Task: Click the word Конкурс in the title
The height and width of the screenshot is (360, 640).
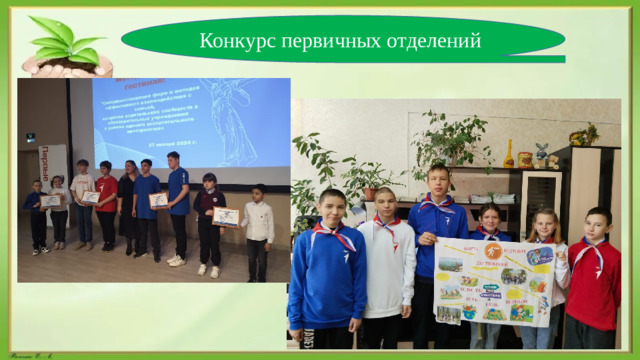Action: point(233,41)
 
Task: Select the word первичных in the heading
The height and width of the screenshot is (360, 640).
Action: point(326,41)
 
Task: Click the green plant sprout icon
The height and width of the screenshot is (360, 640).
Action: point(68,42)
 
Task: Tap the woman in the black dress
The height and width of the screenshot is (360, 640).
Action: point(128,200)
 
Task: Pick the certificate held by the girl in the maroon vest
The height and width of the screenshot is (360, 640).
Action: point(225,216)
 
